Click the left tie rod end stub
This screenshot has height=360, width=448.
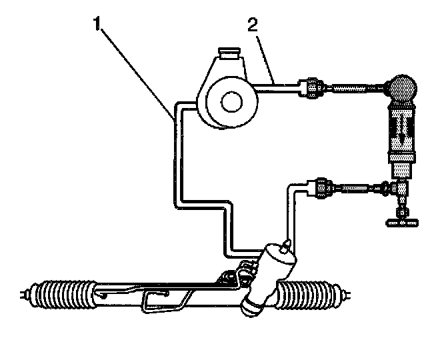tap(27, 294)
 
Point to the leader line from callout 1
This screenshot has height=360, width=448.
tap(137, 69)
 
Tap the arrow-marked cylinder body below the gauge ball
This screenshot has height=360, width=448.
tap(400, 137)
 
